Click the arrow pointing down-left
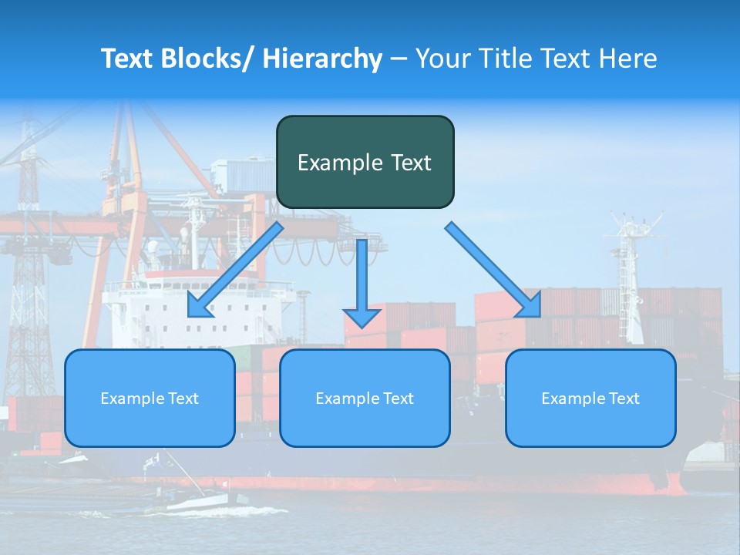coord(234,270)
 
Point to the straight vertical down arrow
coord(362,282)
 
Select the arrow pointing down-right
coord(493,269)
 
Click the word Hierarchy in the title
coord(322,59)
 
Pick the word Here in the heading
coord(630,59)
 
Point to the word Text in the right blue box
coord(624,399)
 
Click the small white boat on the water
coord(197,502)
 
